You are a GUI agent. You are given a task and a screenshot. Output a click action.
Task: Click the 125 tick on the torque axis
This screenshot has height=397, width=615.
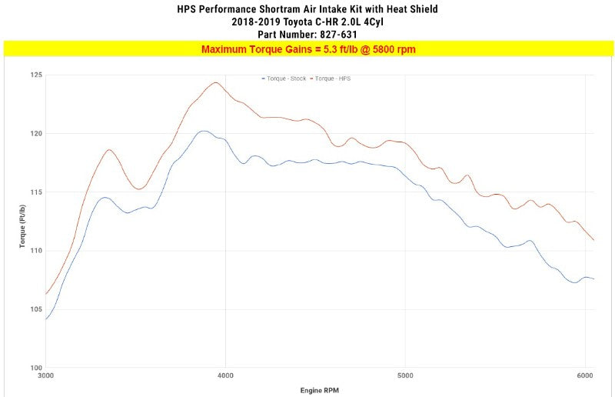coord(36,75)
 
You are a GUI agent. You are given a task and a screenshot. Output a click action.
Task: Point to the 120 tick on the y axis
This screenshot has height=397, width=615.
coord(36,134)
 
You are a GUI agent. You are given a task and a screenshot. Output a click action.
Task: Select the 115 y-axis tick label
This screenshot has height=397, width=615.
coord(36,192)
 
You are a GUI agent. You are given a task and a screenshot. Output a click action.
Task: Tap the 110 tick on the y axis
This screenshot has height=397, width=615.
coord(36,251)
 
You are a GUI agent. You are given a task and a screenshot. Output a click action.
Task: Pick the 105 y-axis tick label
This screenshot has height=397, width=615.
coord(36,309)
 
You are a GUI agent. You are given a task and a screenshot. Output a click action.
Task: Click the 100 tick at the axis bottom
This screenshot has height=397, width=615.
coord(36,368)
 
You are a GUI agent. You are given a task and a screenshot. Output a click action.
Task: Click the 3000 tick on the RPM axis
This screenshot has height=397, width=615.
coord(45,376)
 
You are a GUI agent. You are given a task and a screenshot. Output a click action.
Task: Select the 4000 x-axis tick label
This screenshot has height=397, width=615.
coord(225,376)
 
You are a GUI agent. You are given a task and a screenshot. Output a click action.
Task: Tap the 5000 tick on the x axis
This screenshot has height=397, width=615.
coord(405,376)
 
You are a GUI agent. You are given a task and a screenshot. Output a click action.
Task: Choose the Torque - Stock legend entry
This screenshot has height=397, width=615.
coord(284,78)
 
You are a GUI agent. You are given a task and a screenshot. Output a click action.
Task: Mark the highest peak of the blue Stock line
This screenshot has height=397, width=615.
coord(203,131)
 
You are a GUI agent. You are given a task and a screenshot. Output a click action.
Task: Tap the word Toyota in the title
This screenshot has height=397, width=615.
coord(299,22)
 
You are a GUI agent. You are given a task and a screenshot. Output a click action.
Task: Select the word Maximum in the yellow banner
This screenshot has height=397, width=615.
coord(227,49)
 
